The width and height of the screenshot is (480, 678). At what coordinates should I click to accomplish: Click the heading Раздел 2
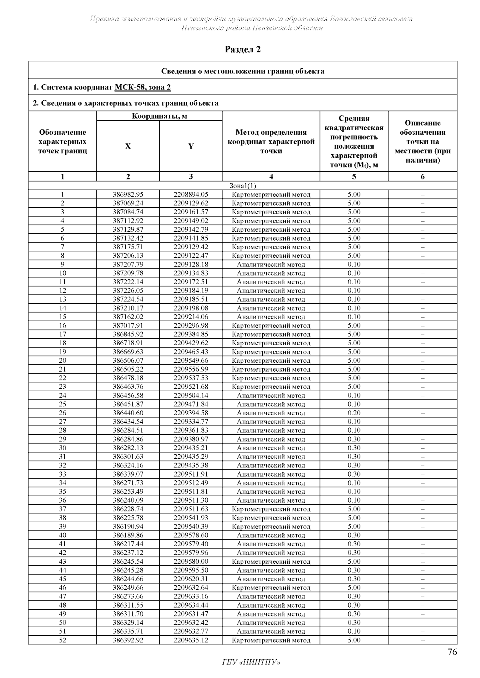click(243, 50)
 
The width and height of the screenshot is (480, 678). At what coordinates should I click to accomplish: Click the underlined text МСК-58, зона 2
click(143, 87)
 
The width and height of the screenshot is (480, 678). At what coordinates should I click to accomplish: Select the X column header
click(128, 146)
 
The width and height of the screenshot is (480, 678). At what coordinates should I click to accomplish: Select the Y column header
click(191, 146)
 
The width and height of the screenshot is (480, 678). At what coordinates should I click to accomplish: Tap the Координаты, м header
click(159, 116)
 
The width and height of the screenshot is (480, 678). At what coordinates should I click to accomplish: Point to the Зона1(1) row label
click(242, 186)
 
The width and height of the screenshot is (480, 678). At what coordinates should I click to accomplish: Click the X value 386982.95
click(128, 195)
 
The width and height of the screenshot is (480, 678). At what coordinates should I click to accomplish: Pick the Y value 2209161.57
click(191, 212)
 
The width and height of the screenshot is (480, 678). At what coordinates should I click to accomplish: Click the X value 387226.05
click(128, 290)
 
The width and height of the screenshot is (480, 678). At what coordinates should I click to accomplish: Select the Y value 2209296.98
click(191, 326)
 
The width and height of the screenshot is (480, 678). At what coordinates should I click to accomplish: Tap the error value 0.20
click(354, 413)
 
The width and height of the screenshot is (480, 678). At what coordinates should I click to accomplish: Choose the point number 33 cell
click(62, 474)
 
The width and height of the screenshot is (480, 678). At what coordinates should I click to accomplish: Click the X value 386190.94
click(128, 527)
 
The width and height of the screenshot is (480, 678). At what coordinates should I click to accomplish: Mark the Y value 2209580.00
click(191, 561)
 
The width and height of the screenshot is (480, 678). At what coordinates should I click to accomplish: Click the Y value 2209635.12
click(191, 640)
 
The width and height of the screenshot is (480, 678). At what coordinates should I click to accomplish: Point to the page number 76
click(452, 652)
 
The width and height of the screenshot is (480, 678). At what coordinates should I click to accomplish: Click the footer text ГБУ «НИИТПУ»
click(251, 663)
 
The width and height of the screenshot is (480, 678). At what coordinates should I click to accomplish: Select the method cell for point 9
click(271, 264)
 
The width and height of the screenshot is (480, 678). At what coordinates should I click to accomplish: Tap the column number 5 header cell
click(354, 177)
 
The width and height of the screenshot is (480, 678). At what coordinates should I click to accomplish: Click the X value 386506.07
click(128, 360)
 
